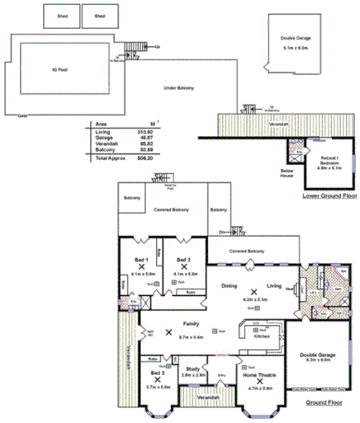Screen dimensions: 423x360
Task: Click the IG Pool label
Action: coord(57,69)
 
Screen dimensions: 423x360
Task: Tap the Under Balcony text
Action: coord(179,87)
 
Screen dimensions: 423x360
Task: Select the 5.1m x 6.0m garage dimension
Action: coord(295,48)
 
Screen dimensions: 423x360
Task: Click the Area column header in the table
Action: coord(101,124)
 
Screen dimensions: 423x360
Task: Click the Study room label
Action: coord(192,369)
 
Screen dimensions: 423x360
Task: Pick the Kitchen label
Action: coord(261,337)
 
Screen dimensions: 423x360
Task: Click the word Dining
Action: coord(230,286)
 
